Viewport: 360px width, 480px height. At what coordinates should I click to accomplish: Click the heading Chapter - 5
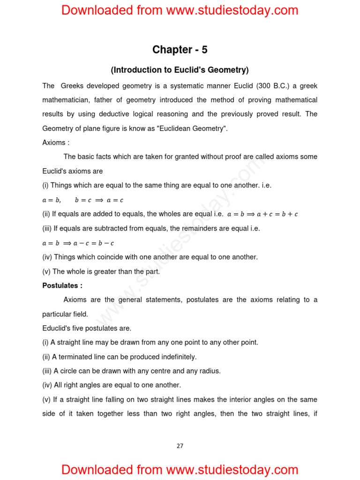pyautogui.click(x=180, y=50)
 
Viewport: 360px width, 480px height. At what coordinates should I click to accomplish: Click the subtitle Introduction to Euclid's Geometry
pyautogui.click(x=180, y=70)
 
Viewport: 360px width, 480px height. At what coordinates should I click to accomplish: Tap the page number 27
pyautogui.click(x=180, y=446)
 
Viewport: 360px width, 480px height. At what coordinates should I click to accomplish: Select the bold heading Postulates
pyautogui.click(x=62, y=285)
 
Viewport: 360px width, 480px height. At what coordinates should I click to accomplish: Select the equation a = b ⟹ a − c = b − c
pyautogui.click(x=78, y=243)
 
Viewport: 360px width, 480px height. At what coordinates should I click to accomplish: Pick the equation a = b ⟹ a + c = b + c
pyautogui.click(x=262, y=214)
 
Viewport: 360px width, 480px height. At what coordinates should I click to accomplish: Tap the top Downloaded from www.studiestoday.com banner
pyautogui.click(x=180, y=10)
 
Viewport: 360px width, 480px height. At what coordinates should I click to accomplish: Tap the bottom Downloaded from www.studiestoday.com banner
pyautogui.click(x=180, y=469)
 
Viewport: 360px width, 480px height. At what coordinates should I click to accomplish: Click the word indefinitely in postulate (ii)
pyautogui.click(x=178, y=357)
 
